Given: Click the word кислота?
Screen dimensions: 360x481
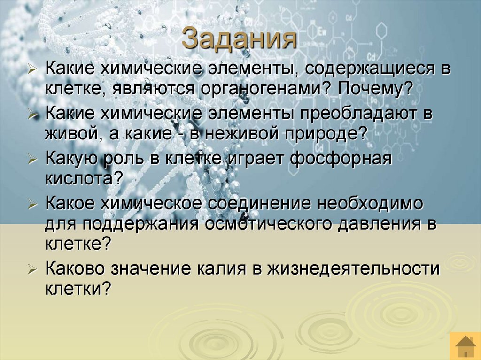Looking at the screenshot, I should (x=84, y=178).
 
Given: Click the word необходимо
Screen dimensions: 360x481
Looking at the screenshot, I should (x=370, y=204).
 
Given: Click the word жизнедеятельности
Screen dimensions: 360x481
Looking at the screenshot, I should (x=353, y=269).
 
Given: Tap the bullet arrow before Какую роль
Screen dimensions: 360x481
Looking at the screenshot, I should (x=32, y=160).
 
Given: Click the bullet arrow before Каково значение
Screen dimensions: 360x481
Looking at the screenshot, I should (x=32, y=270).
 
